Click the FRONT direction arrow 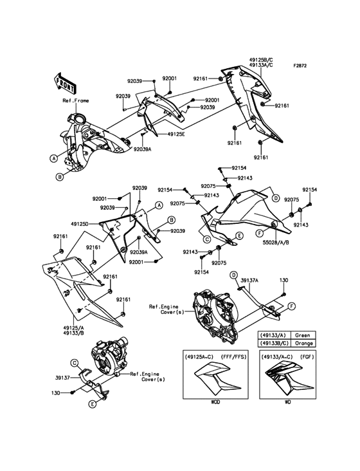click(64, 82)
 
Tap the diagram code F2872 click(300, 66)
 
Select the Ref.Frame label click(76, 100)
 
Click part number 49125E click(175, 134)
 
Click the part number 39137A click(249, 281)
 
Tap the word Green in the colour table click(302, 335)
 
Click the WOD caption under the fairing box click(215, 402)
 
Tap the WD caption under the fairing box click(287, 402)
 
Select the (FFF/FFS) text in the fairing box click(233, 357)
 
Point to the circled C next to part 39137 click(74, 363)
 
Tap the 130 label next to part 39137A click(283, 281)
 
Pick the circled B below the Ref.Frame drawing click(60, 177)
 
